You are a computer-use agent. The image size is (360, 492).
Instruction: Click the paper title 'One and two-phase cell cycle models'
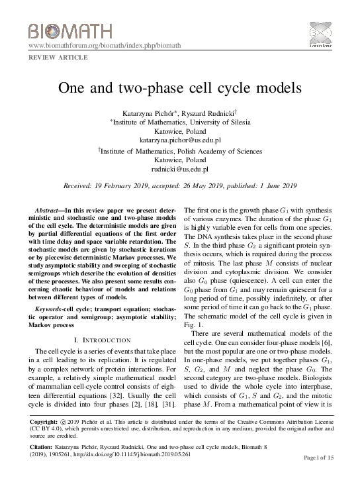pos(179,88)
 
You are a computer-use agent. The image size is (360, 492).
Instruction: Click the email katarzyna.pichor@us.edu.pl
pos(179,140)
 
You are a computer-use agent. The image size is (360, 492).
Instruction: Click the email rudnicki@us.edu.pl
pos(179,170)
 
